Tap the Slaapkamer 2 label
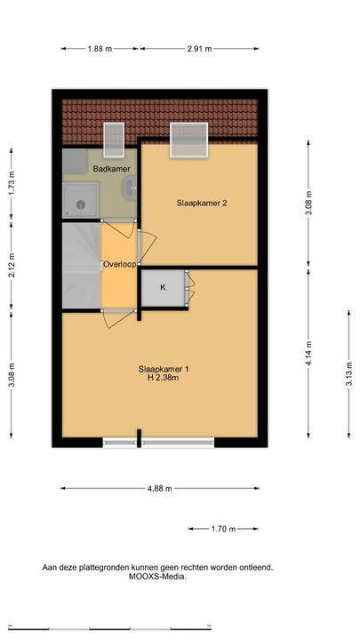[x=202, y=203]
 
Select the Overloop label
[x=119, y=265]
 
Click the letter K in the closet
[x=163, y=287]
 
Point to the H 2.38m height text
[x=164, y=378]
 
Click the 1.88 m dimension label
[x=100, y=49]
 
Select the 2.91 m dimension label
[x=199, y=49]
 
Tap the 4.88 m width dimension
[x=160, y=488]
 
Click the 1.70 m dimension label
[x=223, y=529]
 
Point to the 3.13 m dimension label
[x=348, y=374]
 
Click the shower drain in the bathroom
[x=81, y=205]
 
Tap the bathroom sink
[x=131, y=188]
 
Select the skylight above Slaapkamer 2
[x=189, y=140]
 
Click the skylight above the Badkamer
[x=114, y=140]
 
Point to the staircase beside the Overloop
[x=82, y=265]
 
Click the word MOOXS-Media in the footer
[x=157, y=577]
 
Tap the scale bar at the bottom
[x=110, y=628]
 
